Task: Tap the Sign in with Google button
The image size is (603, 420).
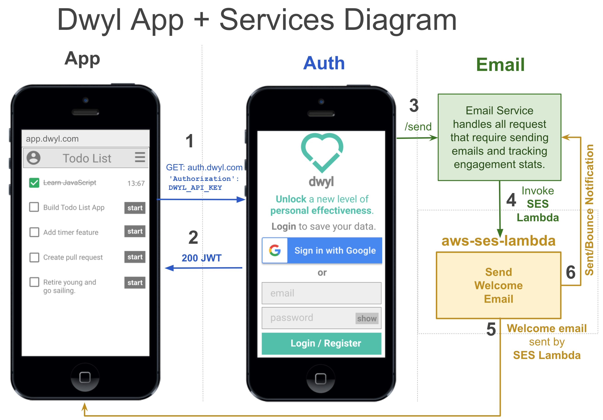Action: pyautogui.click(x=322, y=250)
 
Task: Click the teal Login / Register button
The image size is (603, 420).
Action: pyautogui.click(x=321, y=343)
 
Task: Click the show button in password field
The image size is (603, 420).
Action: pyautogui.click(x=367, y=318)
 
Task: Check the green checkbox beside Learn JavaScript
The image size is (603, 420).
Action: pyautogui.click(x=34, y=183)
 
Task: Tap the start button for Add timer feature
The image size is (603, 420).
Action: pyautogui.click(x=135, y=232)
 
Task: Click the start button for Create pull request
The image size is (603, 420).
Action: pyautogui.click(x=135, y=257)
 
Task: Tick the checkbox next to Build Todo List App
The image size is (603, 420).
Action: pyautogui.click(x=34, y=207)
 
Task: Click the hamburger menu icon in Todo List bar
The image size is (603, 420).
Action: pyautogui.click(x=140, y=157)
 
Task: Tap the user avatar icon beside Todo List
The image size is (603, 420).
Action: pyautogui.click(x=34, y=158)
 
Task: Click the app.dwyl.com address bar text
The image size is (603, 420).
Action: pyautogui.click(x=52, y=139)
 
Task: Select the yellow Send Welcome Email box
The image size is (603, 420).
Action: pyautogui.click(x=499, y=285)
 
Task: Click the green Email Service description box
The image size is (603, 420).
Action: pyautogui.click(x=499, y=137)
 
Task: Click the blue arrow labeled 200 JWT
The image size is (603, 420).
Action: pyautogui.click(x=203, y=268)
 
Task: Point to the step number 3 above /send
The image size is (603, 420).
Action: pyautogui.click(x=414, y=106)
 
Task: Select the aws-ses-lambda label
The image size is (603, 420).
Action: pyautogui.click(x=498, y=241)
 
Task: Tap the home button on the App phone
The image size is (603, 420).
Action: pyautogui.click(x=85, y=378)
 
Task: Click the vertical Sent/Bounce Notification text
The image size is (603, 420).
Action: pyautogui.click(x=589, y=210)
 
